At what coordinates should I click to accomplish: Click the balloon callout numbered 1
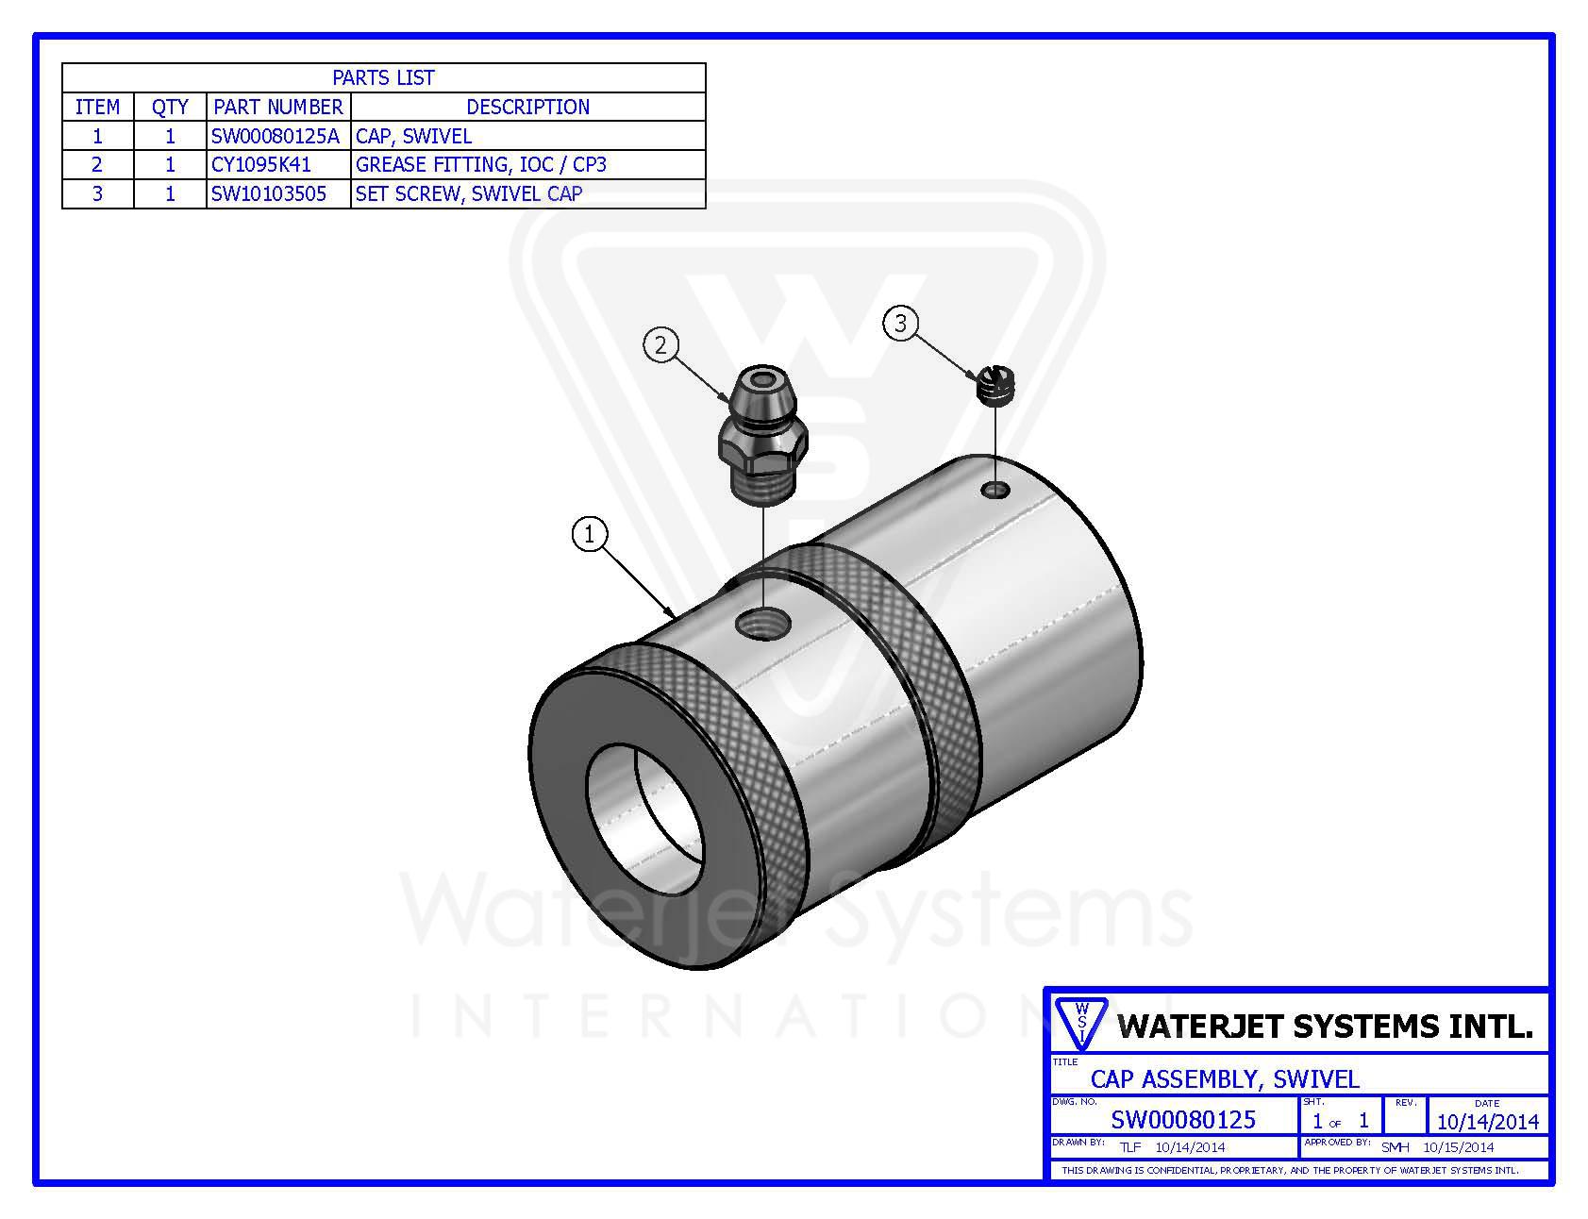point(590,535)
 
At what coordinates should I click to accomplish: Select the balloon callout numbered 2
point(660,345)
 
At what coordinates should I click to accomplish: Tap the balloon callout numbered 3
point(900,324)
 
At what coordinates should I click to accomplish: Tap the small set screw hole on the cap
point(995,489)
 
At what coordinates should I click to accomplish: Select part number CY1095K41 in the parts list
point(261,164)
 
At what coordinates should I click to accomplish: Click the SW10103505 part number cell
point(269,193)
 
